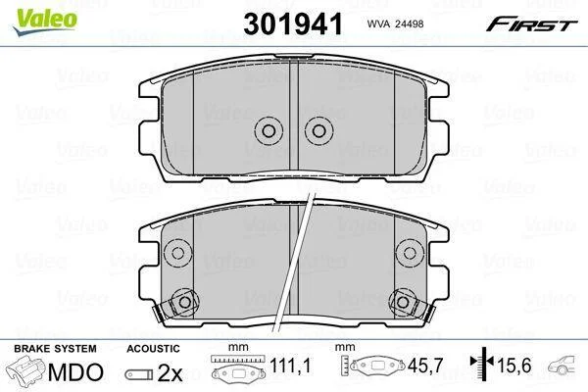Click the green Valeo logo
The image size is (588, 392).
(x=45, y=21)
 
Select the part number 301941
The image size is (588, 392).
(x=293, y=24)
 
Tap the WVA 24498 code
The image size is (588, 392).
(x=395, y=24)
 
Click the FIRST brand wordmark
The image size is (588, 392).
(x=531, y=24)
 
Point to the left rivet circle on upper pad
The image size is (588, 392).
(x=269, y=131)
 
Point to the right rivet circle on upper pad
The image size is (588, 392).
(x=319, y=131)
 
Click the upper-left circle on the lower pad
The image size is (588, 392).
(x=178, y=253)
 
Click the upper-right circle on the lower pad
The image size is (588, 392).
(x=410, y=253)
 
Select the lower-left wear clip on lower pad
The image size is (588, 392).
(x=175, y=305)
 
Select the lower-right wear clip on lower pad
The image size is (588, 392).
(x=412, y=305)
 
